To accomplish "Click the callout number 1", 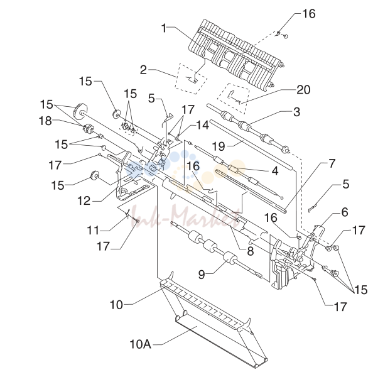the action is [164, 28].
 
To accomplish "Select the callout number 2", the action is [143, 70].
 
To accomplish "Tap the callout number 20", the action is [303, 90].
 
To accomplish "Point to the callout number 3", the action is [297, 112].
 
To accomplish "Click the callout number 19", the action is [219, 146].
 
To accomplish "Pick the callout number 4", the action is [274, 171].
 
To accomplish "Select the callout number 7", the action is [332, 163].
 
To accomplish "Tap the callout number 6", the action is [345, 212].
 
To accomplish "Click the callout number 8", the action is [250, 251].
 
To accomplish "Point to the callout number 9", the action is [202, 274].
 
